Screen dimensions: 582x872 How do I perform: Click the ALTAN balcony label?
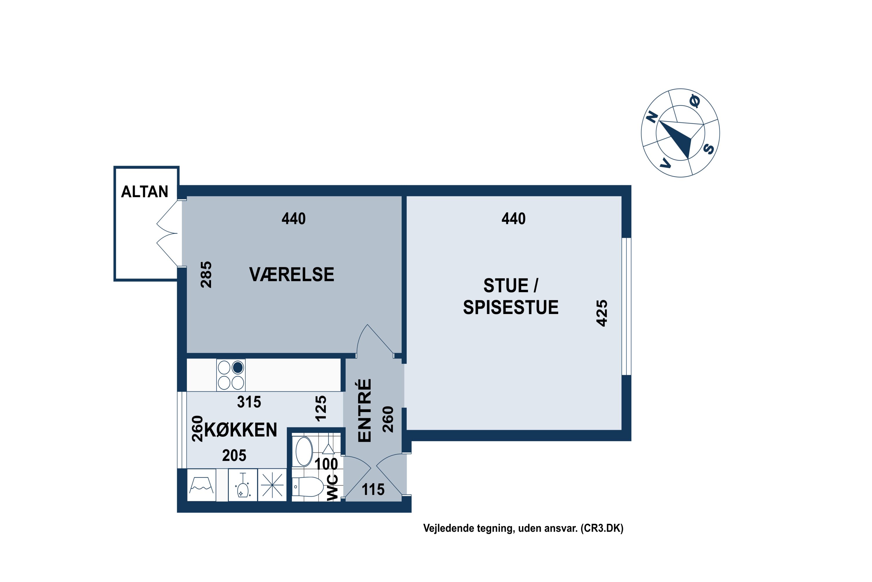tap(144, 192)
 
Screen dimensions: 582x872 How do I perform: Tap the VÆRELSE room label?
tap(292, 275)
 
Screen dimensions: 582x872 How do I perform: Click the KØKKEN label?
tap(241, 430)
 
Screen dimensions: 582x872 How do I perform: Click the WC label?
tap(333, 488)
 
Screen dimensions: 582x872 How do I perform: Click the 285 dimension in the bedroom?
tap(206, 275)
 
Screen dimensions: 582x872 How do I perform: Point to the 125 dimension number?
tap(321, 408)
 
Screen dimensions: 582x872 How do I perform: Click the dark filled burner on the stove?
tap(238, 368)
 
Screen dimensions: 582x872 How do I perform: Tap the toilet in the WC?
tap(308, 487)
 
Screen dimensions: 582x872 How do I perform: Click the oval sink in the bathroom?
tap(304, 451)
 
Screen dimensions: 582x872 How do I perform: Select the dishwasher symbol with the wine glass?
tap(243, 485)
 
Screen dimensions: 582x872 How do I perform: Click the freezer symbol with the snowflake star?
tap(272, 485)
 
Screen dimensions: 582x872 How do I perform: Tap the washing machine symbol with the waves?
tap(201, 485)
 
